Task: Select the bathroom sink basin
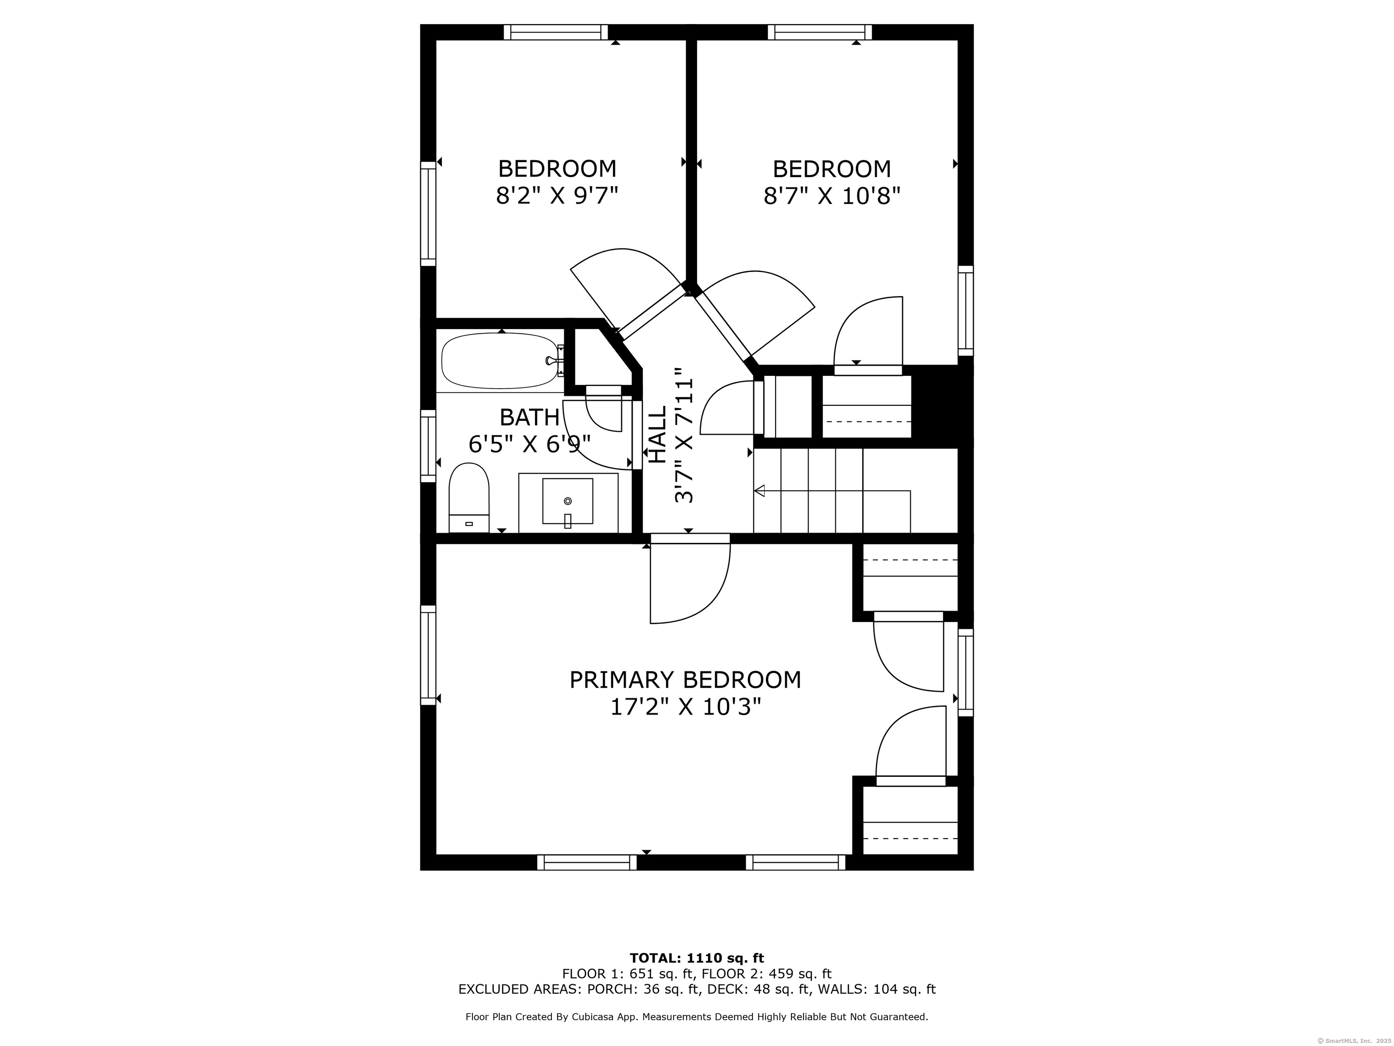pyautogui.click(x=568, y=501)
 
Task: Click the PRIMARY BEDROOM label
pyautogui.click(x=685, y=680)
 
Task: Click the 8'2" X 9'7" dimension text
pyautogui.click(x=557, y=196)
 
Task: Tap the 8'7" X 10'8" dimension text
pyautogui.click(x=832, y=196)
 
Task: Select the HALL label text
pyautogui.click(x=658, y=434)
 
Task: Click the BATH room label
pyautogui.click(x=530, y=417)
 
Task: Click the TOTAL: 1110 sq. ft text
pyautogui.click(x=697, y=959)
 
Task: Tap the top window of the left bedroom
pyautogui.click(x=556, y=32)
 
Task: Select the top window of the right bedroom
pyautogui.click(x=820, y=32)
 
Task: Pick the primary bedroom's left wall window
pyautogui.click(x=428, y=655)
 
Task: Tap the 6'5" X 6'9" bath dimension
pyautogui.click(x=530, y=444)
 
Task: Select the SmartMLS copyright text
pyautogui.click(x=1355, y=1041)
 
